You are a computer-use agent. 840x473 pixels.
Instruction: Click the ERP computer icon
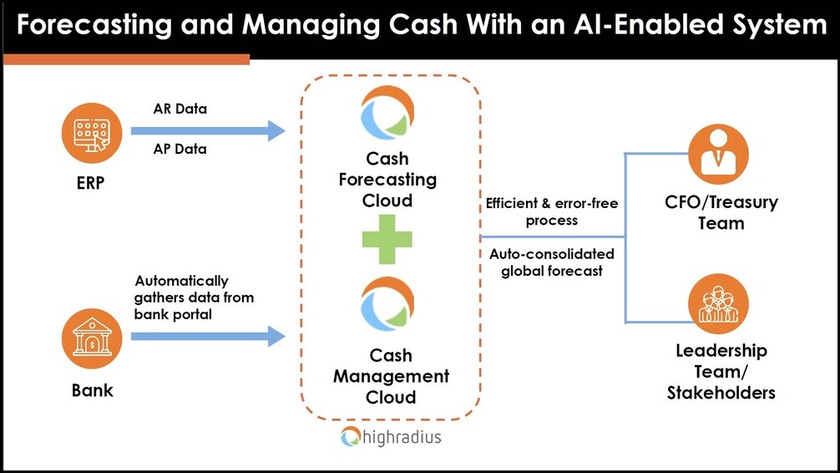point(91,133)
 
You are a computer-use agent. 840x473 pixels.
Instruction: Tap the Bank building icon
point(91,341)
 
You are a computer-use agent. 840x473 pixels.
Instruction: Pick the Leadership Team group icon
point(717,303)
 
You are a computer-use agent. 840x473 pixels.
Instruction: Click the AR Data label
point(180,109)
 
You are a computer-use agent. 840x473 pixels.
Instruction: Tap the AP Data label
point(180,150)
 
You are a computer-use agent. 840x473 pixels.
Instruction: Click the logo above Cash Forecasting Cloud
point(387,113)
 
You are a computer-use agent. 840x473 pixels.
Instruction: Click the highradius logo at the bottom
point(391,436)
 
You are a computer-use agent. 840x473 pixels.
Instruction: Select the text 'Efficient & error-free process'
point(552,212)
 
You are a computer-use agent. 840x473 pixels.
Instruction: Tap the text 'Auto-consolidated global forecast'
point(552,262)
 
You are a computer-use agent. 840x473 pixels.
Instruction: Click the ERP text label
point(90,182)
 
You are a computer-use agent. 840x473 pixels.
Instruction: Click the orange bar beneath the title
point(126,58)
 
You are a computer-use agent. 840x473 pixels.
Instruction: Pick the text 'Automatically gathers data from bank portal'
point(194,298)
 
